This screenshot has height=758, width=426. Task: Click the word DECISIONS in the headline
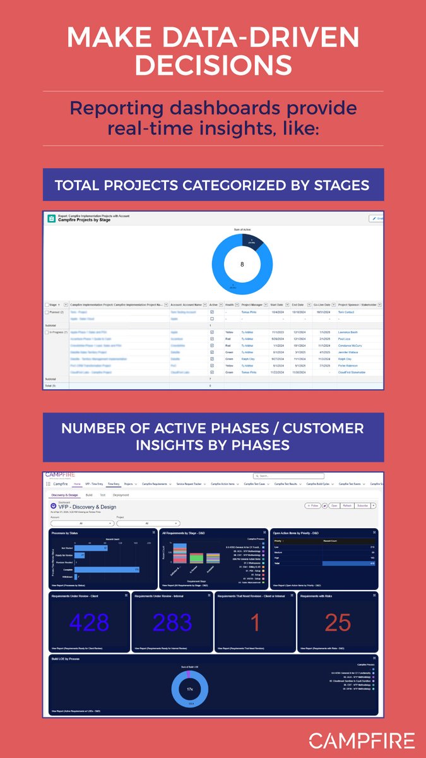pyautogui.click(x=213, y=64)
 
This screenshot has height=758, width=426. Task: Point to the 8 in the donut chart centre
pyautogui.click(x=242, y=264)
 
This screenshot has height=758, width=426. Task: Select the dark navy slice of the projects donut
pyautogui.click(x=252, y=240)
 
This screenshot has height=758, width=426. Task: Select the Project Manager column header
pyautogui.click(x=252, y=304)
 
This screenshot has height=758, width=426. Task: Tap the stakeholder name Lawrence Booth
pyautogui.click(x=348, y=332)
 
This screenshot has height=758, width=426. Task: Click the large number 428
pyautogui.click(x=90, y=622)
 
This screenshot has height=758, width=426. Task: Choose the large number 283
pyautogui.click(x=172, y=622)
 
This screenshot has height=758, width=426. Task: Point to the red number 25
pyautogui.click(x=338, y=622)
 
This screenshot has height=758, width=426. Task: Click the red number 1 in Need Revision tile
pyautogui.click(x=255, y=622)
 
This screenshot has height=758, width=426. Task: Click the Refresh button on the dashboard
pyautogui.click(x=346, y=505)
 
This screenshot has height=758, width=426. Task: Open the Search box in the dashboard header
pyautogui.click(x=287, y=476)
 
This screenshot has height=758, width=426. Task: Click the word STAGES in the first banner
pyautogui.click(x=341, y=185)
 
